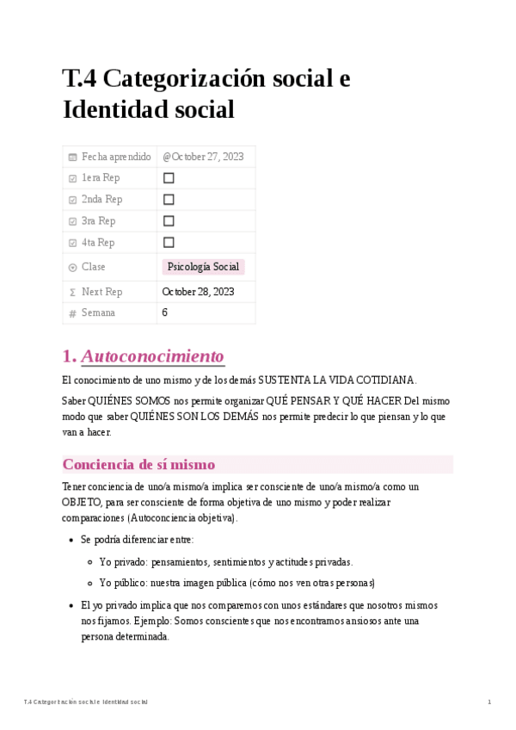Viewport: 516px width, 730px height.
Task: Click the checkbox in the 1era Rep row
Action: [169, 178]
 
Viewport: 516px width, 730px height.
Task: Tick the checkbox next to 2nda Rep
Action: [169, 200]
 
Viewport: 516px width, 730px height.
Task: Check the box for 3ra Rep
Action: [169, 221]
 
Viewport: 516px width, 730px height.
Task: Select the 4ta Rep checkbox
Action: [169, 243]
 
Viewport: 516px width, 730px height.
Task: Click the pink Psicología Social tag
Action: [203, 267]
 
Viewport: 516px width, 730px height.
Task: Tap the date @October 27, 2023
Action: [203, 157]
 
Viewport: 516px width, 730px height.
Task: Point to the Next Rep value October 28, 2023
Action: [198, 292]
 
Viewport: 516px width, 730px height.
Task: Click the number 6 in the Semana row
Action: [164, 313]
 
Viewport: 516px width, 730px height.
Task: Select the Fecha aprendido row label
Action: [116, 157]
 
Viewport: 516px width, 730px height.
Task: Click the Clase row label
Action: [94, 267]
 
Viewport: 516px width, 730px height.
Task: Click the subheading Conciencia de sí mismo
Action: [138, 465]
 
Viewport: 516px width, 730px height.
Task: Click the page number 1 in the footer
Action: [489, 702]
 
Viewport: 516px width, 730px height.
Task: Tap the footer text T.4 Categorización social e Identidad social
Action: [86, 702]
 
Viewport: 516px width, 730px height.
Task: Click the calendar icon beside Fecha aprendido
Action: [72, 157]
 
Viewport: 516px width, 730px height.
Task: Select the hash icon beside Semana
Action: [72, 313]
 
